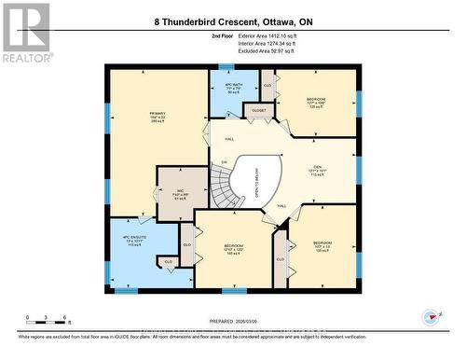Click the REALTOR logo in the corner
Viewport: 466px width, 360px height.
[25, 32]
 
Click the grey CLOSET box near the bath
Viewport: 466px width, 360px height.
[258, 111]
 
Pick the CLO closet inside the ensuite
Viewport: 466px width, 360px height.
[169, 262]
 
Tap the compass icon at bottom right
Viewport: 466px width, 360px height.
[430, 315]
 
